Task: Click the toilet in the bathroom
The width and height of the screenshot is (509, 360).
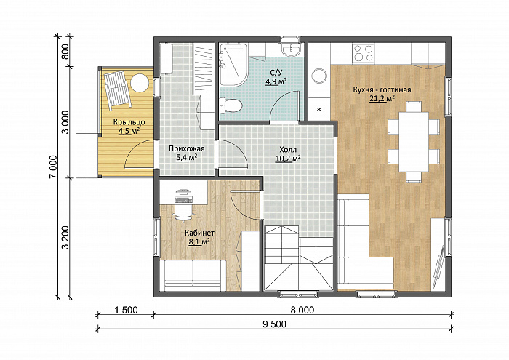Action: click(231, 106)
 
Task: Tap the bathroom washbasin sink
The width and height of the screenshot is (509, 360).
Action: click(291, 49)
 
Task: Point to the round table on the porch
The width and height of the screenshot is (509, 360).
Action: click(140, 82)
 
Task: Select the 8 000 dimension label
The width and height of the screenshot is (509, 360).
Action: click(302, 311)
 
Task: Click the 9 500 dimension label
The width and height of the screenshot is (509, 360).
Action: click(275, 324)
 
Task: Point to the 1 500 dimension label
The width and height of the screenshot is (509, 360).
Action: click(127, 311)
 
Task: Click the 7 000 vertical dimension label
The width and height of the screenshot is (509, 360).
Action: click(53, 167)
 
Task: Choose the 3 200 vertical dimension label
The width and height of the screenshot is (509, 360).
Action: click(65, 237)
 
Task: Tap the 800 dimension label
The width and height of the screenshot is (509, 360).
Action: click(65, 51)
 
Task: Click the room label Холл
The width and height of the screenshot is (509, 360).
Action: click(288, 150)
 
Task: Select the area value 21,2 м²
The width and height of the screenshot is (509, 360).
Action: click(382, 98)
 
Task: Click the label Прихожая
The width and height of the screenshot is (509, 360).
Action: click(187, 148)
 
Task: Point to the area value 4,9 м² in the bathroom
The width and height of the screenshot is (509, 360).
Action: click(276, 81)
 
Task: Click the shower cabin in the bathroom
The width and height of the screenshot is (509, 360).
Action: click(233, 65)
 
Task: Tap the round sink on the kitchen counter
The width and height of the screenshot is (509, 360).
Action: click(318, 76)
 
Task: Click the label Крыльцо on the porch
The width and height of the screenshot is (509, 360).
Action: click(129, 122)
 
